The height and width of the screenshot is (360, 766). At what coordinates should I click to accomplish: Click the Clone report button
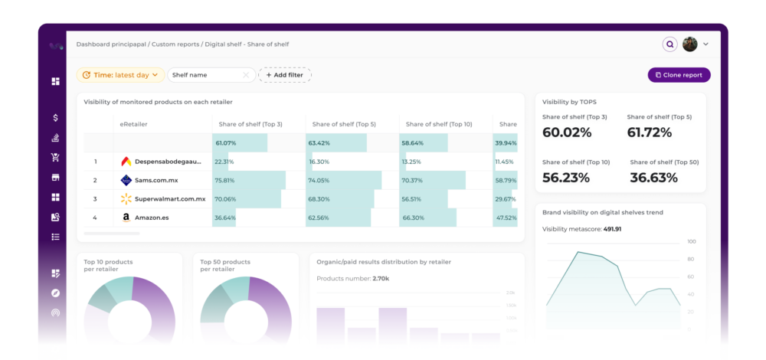(679, 75)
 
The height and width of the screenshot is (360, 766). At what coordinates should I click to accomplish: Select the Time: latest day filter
(119, 75)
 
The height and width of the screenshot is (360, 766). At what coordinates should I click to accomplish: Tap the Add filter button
(284, 75)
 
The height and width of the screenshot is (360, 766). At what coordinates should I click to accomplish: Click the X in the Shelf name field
(246, 75)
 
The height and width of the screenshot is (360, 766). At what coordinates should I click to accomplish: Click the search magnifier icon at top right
(669, 44)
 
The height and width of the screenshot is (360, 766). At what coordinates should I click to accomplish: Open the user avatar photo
(690, 44)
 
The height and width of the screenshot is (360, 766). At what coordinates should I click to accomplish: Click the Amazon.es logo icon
(126, 218)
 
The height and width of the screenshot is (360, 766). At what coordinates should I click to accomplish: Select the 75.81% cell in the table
(224, 181)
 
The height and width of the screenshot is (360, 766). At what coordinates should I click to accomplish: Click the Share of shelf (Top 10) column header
(438, 124)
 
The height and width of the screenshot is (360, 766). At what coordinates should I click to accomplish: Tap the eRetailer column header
(133, 124)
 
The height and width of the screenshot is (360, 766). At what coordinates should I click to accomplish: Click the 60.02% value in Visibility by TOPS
(567, 133)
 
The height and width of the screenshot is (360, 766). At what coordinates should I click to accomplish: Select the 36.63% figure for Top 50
(653, 178)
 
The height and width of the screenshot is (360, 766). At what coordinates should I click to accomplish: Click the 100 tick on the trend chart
(692, 241)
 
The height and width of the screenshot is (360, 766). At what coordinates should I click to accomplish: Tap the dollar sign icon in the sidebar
(55, 118)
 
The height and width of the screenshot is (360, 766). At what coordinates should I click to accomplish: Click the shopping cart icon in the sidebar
(55, 158)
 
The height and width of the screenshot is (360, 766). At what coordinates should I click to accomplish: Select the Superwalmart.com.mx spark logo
(126, 199)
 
